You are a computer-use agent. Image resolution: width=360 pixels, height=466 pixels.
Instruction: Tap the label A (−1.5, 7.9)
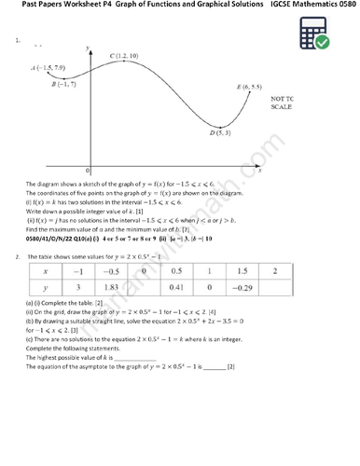48,68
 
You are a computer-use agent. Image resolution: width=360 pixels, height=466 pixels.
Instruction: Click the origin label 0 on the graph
88,171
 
